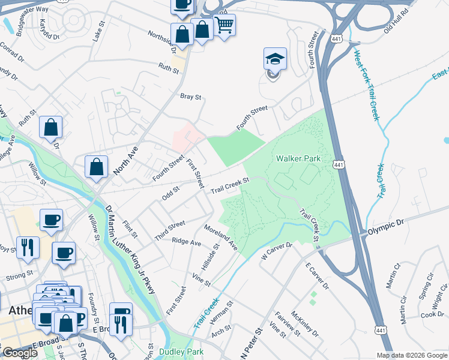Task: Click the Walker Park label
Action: pos(298,158)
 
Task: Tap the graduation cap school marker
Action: pos(275,61)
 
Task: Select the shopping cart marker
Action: pos(224,26)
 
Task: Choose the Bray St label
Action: pos(190,96)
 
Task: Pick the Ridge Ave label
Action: pos(186,242)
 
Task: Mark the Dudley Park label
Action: pos(181,352)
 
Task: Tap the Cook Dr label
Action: pos(432,314)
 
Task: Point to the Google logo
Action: pos(20,352)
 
